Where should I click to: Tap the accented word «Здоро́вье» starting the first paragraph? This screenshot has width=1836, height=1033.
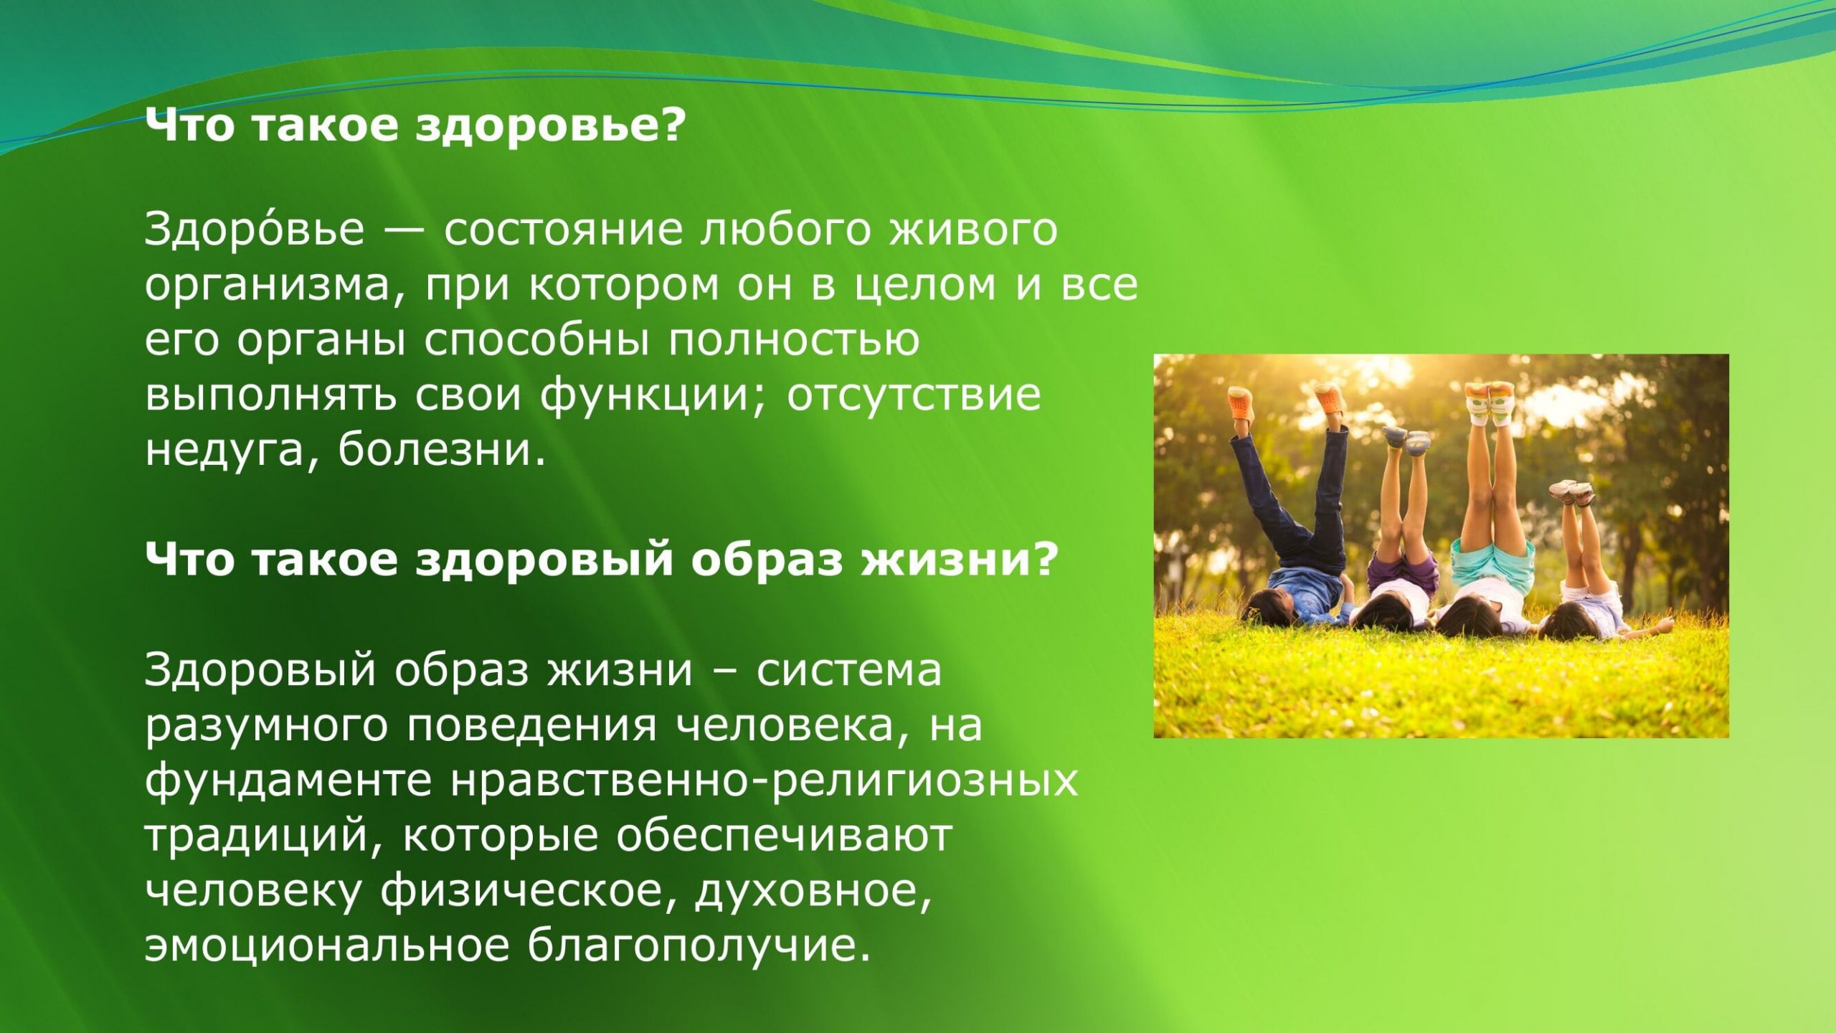point(255,230)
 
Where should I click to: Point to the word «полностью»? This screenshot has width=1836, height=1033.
point(794,341)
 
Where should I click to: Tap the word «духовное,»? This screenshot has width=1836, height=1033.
point(813,892)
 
